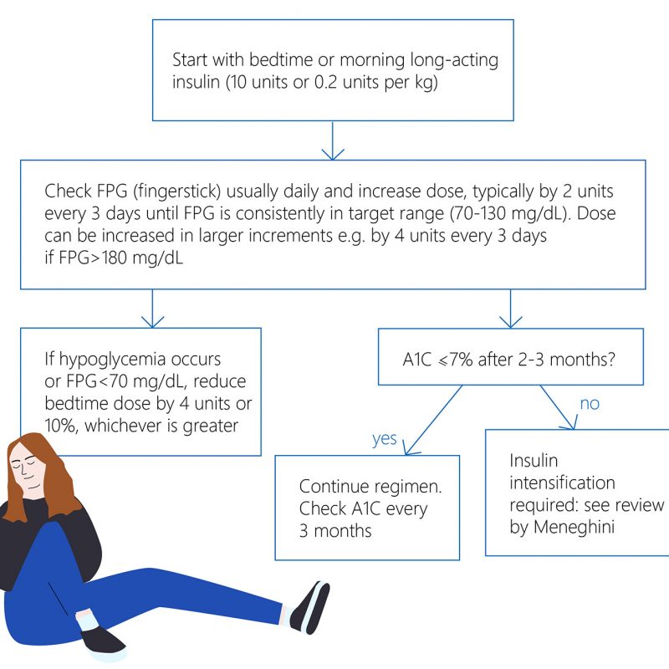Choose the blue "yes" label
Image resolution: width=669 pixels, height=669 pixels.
click(x=384, y=438)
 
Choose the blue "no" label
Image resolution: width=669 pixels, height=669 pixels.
click(x=590, y=404)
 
